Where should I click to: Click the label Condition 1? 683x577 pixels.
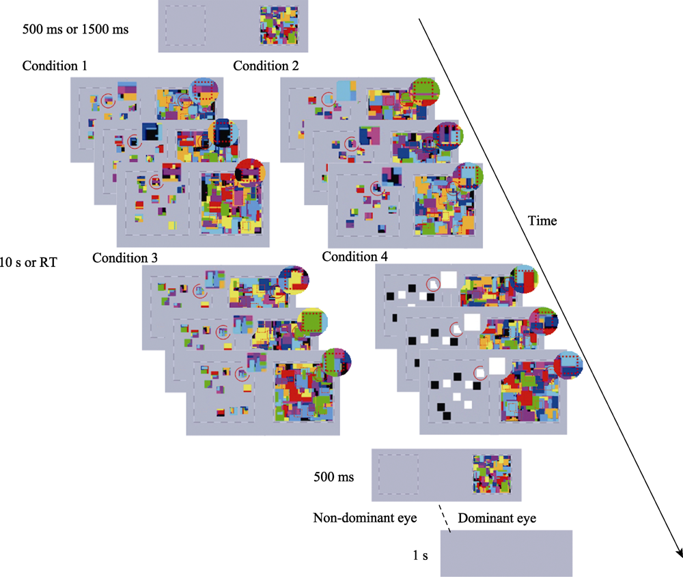(54, 66)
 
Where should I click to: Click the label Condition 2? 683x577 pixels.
(266, 66)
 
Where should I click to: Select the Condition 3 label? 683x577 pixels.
(125, 258)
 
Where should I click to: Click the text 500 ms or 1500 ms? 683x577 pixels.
(76, 30)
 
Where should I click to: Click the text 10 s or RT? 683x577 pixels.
(28, 261)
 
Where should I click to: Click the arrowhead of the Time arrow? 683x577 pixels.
(678, 552)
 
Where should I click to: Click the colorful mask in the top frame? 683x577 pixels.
(279, 26)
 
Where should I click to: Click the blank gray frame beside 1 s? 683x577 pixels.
(505, 553)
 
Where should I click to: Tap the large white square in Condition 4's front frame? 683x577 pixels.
(497, 367)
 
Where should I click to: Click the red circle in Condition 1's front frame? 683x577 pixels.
(156, 181)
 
